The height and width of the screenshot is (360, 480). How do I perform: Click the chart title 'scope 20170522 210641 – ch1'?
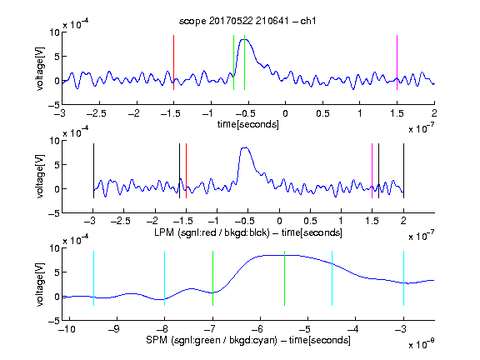[x=247, y=21]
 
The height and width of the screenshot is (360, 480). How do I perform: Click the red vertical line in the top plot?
[x=173, y=62]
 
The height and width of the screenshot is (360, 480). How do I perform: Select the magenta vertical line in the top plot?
[x=397, y=62]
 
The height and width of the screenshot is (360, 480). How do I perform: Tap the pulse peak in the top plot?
[x=246, y=39]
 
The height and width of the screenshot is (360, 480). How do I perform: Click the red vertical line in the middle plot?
[x=186, y=171]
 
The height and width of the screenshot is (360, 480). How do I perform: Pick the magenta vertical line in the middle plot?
[x=372, y=171]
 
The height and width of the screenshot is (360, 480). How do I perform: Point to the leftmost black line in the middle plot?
[x=93, y=171]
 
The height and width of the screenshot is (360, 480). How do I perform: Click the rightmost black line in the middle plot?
[x=403, y=171]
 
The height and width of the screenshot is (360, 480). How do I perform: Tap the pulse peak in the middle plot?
[x=245, y=147]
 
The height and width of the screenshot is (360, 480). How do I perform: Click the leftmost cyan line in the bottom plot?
[x=93, y=278]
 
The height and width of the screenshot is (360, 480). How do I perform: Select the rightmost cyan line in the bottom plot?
[x=403, y=278]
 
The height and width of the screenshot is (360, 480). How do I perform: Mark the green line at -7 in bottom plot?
[x=212, y=278]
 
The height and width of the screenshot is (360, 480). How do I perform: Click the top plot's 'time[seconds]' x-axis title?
[x=248, y=124]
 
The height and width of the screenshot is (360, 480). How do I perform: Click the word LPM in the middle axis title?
[x=164, y=232]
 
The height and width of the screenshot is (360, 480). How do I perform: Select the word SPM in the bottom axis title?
[x=157, y=340]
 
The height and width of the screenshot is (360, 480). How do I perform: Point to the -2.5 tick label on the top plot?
[x=97, y=113]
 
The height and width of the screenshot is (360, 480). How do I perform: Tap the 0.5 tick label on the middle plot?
[x=310, y=221]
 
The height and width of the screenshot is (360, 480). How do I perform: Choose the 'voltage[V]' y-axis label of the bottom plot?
[x=40, y=284]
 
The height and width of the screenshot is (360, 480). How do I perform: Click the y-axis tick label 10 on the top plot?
[x=54, y=32]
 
